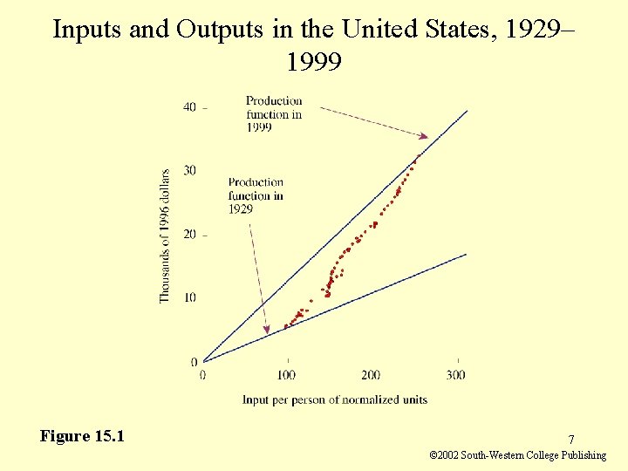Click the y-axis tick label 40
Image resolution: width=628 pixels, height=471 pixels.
point(189,107)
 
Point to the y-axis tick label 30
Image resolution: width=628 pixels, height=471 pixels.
point(189,171)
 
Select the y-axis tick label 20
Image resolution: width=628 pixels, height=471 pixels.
point(189,235)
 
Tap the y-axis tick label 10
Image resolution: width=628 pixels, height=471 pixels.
point(189,298)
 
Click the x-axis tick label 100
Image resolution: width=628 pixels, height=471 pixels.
point(286,375)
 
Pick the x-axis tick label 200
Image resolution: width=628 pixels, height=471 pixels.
point(371,375)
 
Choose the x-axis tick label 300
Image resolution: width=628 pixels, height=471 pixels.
point(455,375)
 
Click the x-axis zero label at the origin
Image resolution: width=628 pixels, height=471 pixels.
point(202,375)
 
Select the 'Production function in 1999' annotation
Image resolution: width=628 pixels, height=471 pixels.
point(273,114)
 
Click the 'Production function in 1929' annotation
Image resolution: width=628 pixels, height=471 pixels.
point(255,195)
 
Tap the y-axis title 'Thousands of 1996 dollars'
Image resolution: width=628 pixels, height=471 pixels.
point(165,236)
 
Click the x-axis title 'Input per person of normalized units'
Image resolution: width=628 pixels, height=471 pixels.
point(335,399)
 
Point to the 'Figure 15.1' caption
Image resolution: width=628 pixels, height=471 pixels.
point(81,436)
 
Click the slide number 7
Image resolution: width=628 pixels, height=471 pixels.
point(570,440)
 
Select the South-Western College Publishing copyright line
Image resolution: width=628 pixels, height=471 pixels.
point(518,455)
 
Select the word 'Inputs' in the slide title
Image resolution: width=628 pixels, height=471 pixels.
point(85,29)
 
